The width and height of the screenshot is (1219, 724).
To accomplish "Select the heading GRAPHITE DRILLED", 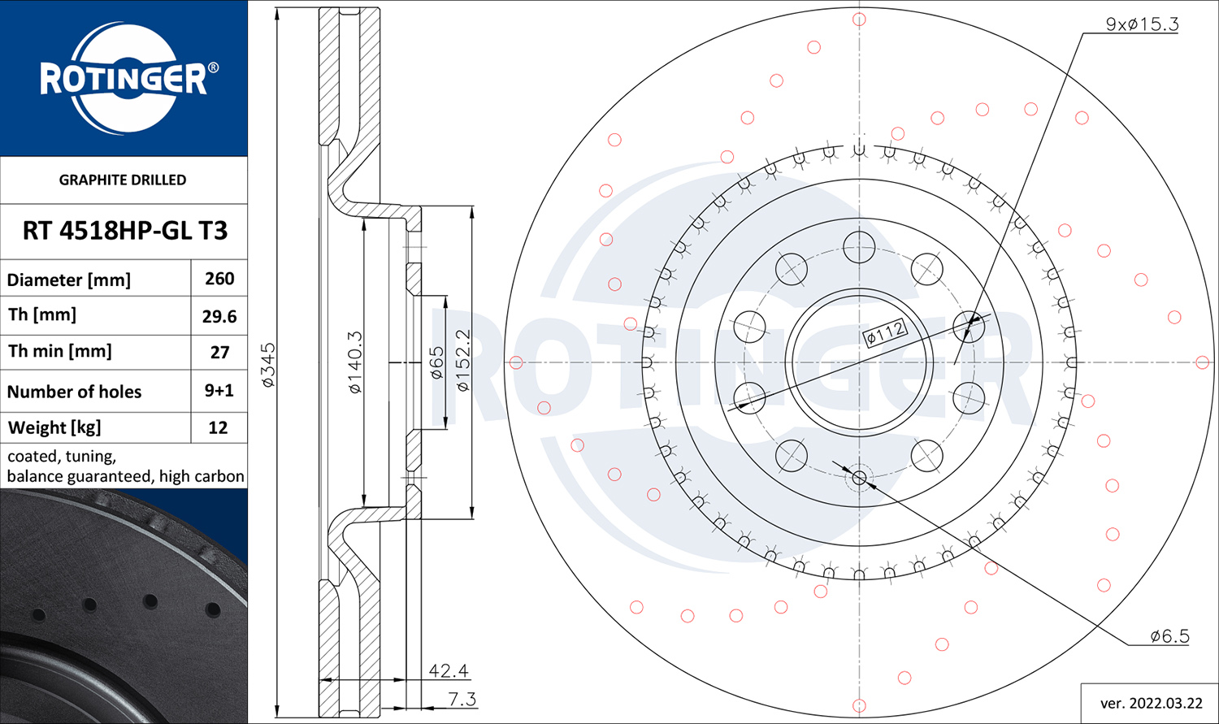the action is [123, 180].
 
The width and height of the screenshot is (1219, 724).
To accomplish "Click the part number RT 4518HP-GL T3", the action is [124, 231].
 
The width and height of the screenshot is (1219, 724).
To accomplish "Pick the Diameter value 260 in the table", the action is [219, 279].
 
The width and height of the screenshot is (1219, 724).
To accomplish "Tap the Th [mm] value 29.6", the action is [219, 316].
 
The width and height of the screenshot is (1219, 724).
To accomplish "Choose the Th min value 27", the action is [219, 353].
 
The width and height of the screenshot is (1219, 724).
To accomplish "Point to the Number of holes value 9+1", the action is [219, 391].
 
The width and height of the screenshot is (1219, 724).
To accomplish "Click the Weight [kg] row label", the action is [54, 428].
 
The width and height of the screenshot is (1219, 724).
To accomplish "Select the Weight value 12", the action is [219, 427].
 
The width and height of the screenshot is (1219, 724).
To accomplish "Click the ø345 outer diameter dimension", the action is [268, 365].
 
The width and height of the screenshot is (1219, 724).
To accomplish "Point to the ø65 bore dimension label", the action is [437, 363].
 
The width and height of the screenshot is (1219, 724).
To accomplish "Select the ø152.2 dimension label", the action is [463, 360].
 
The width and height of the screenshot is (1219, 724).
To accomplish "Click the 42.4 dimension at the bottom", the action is [449, 670].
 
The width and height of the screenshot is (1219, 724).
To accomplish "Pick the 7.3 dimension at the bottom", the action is [462, 699].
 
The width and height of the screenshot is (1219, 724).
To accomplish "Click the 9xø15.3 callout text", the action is [1143, 24].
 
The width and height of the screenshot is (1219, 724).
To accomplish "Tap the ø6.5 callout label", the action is [1170, 636].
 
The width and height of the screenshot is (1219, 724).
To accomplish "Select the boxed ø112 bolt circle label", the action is [886, 333].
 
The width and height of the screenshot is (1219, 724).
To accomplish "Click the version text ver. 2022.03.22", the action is [1151, 704].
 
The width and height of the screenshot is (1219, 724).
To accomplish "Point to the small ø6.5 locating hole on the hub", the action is [859, 478].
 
